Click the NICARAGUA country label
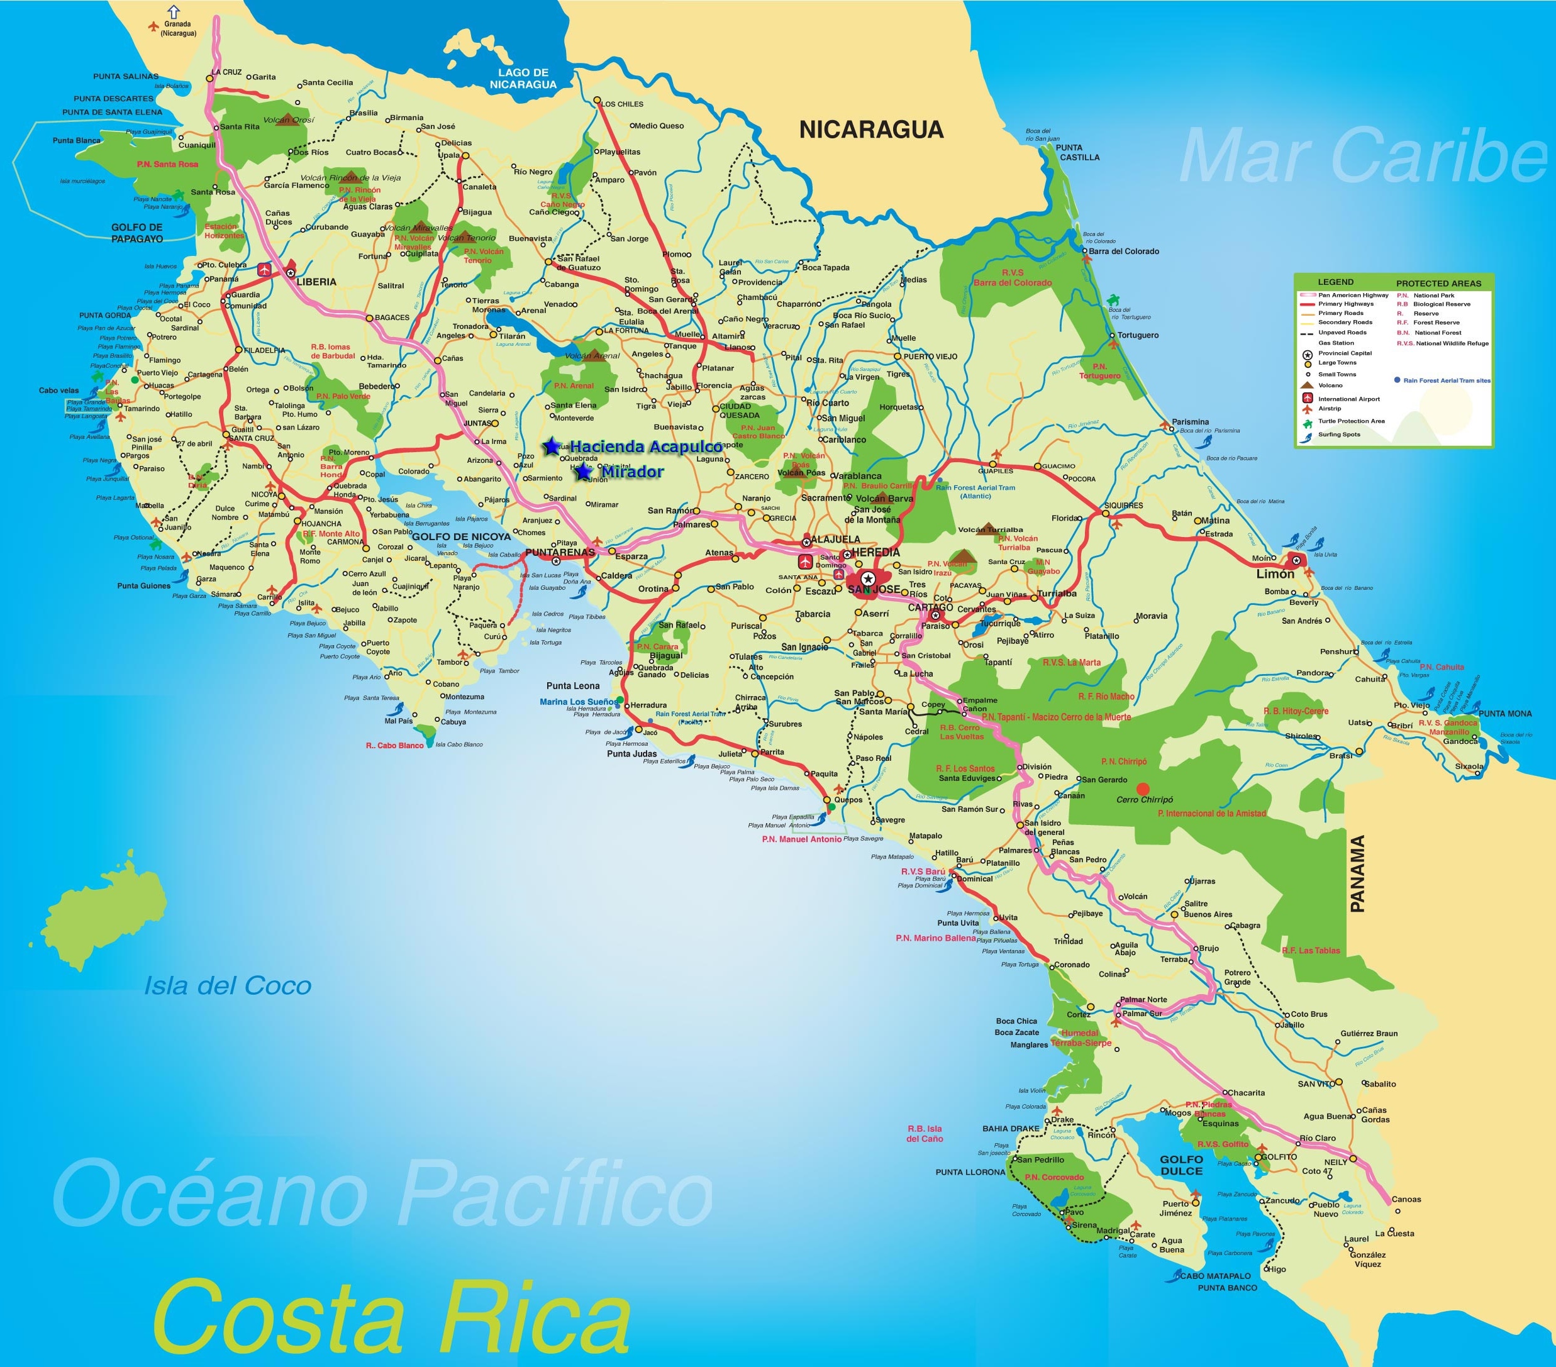pyautogui.click(x=871, y=130)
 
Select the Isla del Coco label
pyautogui.click(x=228, y=987)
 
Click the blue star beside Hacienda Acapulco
pyautogui.click(x=551, y=447)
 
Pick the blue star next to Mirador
pyautogui.click(x=584, y=473)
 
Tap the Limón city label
pyautogui.click(x=1275, y=574)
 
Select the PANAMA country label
pyautogui.click(x=1357, y=874)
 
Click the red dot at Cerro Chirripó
pyautogui.click(x=1143, y=789)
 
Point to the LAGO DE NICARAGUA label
pyautogui.click(x=523, y=79)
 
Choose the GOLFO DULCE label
pyautogui.click(x=1181, y=1165)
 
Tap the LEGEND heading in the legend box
pyautogui.click(x=1336, y=282)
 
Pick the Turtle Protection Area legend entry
pyautogui.click(x=1351, y=421)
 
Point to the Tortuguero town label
pyautogui.click(x=1138, y=335)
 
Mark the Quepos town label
pyautogui.click(x=849, y=800)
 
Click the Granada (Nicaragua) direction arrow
pyautogui.click(x=174, y=11)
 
